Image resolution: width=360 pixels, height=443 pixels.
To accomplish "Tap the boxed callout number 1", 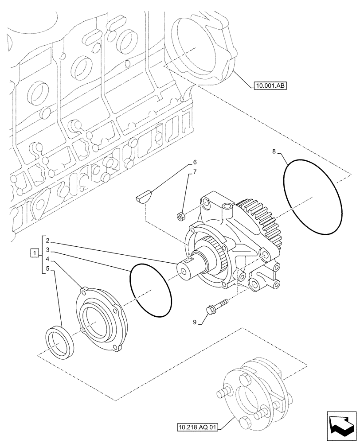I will [34, 253].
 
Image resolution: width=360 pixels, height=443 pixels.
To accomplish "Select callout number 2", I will [47, 242].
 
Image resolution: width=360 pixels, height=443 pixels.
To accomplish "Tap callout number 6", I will [194, 163].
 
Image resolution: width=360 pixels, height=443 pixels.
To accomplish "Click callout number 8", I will [274, 152].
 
